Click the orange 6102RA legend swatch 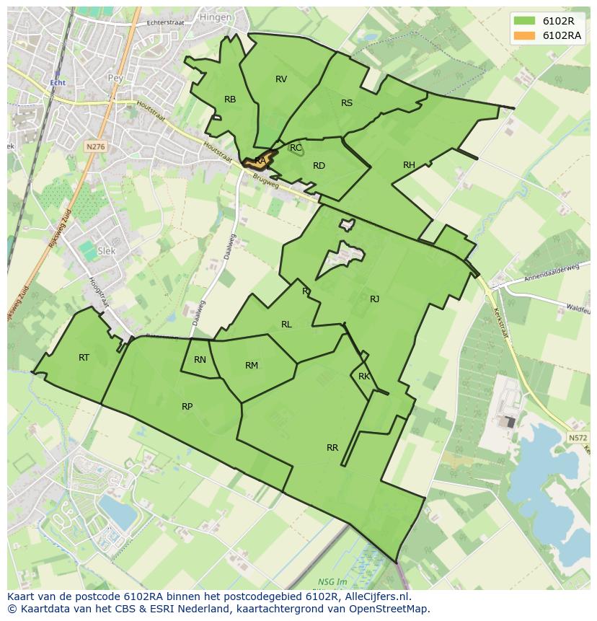pos(525,35)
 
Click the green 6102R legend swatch pos(525,21)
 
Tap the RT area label pos(84,357)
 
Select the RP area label pos(187,407)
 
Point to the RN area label pos(200,360)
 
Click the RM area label pos(251,366)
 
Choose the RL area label pos(286,325)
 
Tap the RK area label pos(364,376)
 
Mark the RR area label pos(332,448)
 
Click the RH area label pos(409,165)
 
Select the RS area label pos(347,103)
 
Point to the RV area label pos(281,79)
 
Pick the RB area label pos(230,100)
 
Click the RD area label pos(319,166)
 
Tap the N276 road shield pos(95,146)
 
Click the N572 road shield pos(577,438)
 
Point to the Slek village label pos(107,251)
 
